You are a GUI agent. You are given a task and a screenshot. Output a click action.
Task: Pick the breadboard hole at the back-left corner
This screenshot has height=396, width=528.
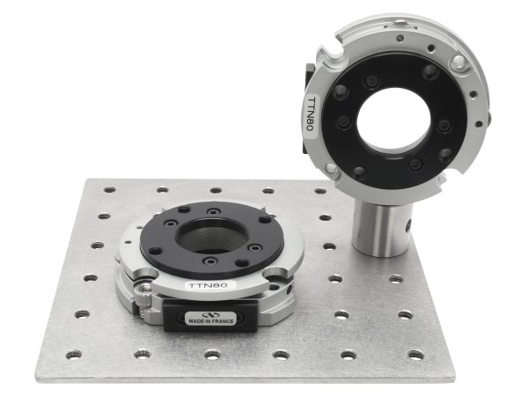[x=109, y=189]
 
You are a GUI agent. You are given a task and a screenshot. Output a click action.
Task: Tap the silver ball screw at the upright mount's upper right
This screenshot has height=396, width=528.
[x=458, y=61]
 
